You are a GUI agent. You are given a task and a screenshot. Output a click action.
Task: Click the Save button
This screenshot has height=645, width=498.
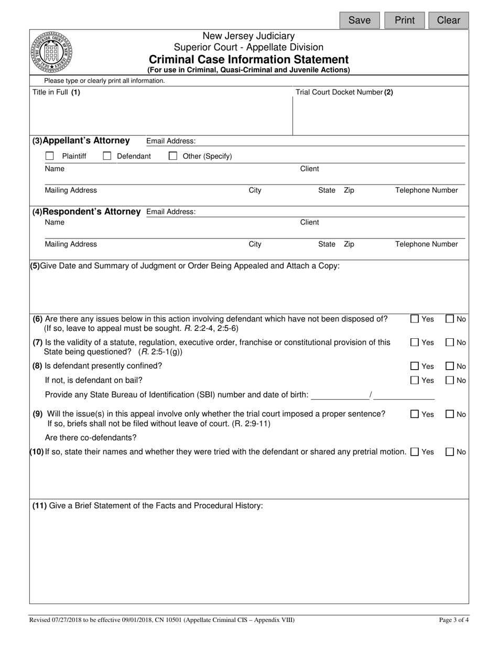(359, 20)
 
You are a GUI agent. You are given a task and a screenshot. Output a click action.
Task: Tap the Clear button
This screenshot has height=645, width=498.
(448, 20)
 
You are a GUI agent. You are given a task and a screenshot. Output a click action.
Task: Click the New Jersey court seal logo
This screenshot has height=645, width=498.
(51, 52)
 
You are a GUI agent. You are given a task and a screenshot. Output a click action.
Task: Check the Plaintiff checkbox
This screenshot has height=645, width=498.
(50, 156)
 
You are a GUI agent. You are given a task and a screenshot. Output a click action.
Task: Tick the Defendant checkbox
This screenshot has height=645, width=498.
(107, 156)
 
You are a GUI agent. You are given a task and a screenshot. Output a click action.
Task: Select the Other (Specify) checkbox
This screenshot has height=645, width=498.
(172, 156)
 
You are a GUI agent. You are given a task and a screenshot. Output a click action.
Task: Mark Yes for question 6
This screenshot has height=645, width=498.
(415, 319)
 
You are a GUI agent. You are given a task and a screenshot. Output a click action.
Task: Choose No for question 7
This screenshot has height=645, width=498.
(450, 342)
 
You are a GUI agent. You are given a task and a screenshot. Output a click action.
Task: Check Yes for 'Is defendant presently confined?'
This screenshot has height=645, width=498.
(415, 366)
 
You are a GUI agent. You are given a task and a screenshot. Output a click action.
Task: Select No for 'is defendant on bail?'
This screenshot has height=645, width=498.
(450, 380)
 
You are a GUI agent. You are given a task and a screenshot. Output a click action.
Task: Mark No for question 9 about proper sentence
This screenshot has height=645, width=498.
(450, 414)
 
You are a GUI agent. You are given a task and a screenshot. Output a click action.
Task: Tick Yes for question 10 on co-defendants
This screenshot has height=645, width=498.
(415, 452)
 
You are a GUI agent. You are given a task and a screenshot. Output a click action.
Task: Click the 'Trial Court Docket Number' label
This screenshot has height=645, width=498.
(344, 92)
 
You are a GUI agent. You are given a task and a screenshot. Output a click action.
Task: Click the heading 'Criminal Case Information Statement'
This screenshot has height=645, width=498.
(248, 59)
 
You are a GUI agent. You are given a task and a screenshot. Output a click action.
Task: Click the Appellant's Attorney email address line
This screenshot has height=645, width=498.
(330, 142)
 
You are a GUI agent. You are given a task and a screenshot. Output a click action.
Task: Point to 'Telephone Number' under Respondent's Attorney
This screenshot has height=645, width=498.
(426, 244)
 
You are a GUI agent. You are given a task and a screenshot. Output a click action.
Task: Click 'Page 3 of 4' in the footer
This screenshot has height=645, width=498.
(453, 620)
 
